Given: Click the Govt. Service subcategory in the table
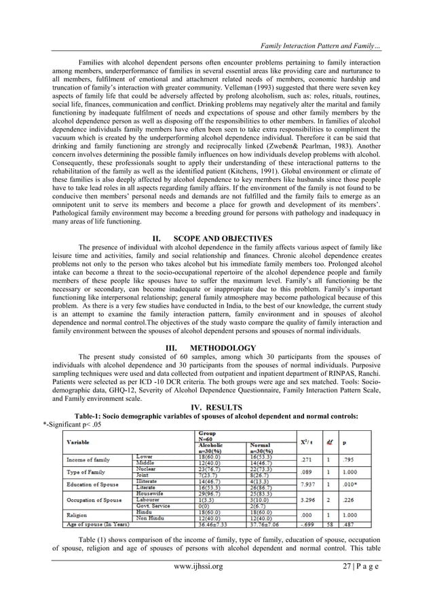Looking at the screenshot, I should click(x=155, y=507).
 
